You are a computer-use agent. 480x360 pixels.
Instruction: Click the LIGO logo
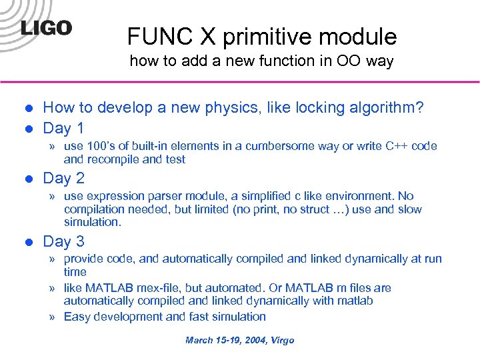46,29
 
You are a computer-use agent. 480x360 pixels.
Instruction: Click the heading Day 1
63,127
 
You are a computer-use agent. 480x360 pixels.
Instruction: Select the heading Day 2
63,178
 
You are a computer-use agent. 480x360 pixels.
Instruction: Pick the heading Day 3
63,241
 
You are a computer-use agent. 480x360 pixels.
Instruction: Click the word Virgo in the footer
281,340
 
